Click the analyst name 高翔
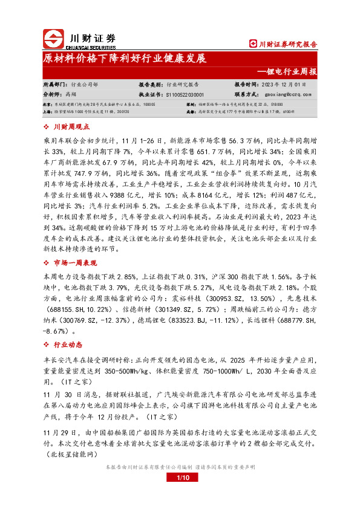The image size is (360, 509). pyautogui.click(x=71, y=94)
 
